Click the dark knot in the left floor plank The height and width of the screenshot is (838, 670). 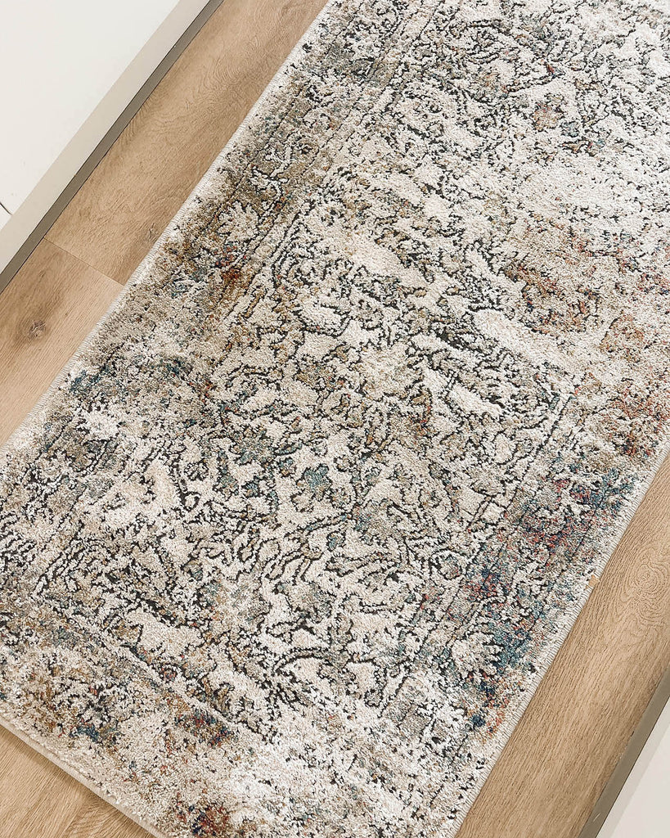pyautogui.click(x=36, y=329)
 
